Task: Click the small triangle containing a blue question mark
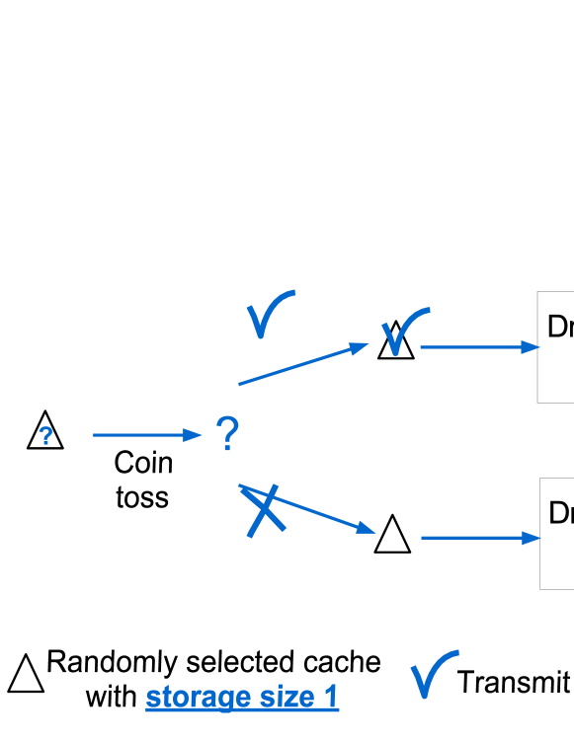point(45,433)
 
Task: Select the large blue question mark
point(227,434)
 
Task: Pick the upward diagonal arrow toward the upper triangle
point(301,364)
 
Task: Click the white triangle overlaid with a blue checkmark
point(396,341)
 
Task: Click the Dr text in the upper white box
point(559,327)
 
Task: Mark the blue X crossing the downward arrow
point(265,511)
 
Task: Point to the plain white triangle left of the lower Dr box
point(392,536)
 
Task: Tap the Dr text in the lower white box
point(560,513)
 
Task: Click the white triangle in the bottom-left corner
point(26,676)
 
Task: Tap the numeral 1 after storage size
point(331,698)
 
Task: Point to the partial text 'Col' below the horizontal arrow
point(142,464)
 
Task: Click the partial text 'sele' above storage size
point(212,663)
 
